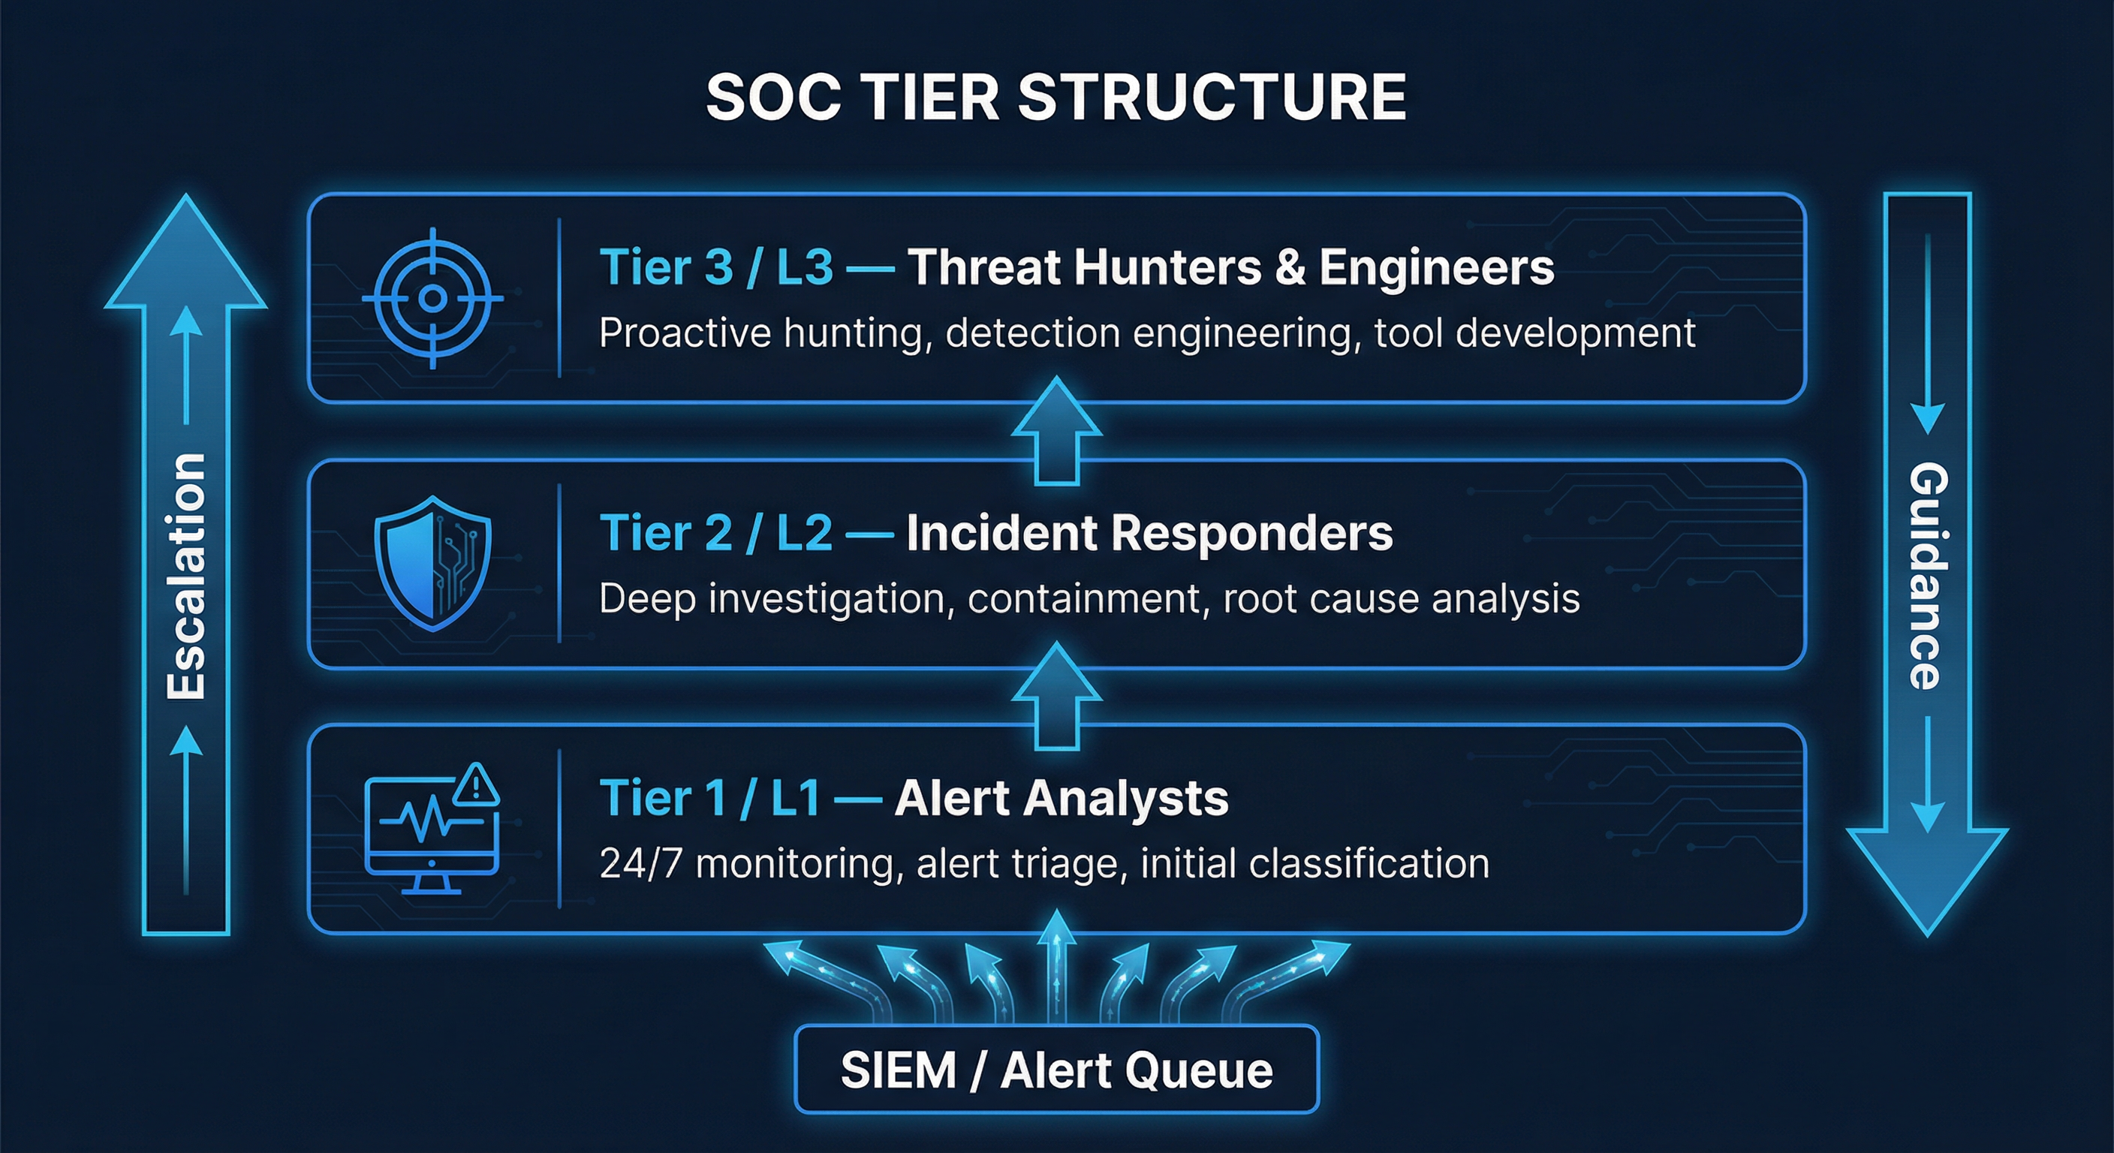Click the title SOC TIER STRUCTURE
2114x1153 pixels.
click(1056, 98)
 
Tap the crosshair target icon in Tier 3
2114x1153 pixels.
click(432, 297)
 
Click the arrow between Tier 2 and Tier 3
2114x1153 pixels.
click(1056, 431)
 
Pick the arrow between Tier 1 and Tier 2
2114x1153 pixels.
click(1056, 696)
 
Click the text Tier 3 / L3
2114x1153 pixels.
click(715, 267)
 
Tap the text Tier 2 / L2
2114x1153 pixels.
click(715, 534)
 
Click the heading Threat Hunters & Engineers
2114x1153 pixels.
click(1230, 267)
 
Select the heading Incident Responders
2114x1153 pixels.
click(1149, 534)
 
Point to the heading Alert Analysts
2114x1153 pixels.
click(1061, 799)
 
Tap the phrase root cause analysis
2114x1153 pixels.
click(1401, 599)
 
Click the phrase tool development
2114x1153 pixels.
click(1534, 333)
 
